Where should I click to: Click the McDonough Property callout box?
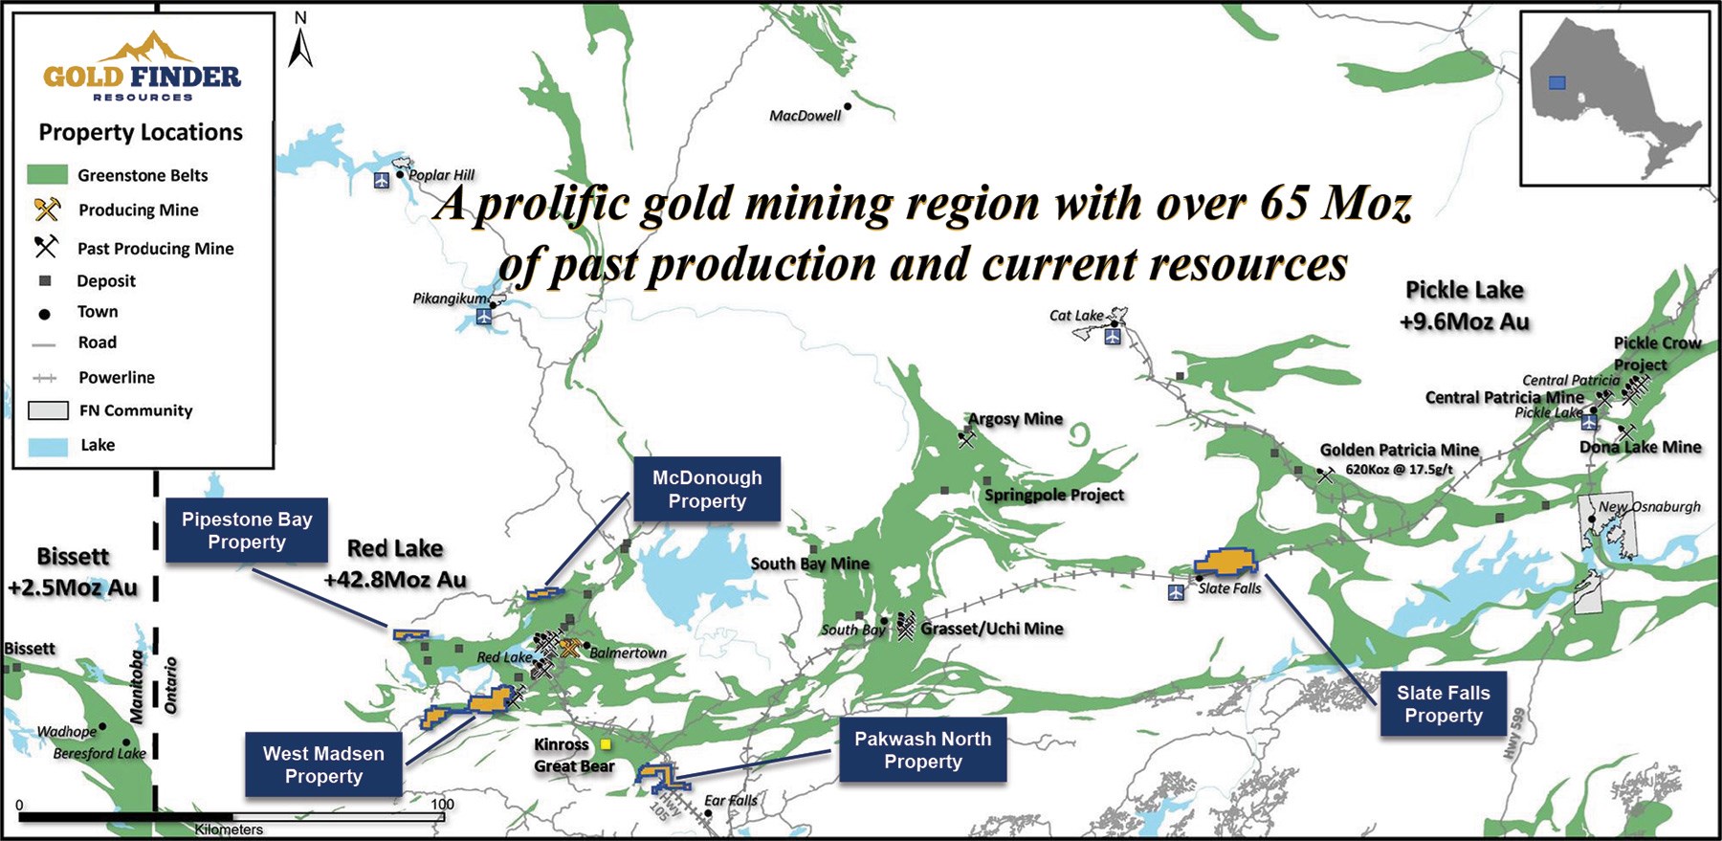(x=707, y=489)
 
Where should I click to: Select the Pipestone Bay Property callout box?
(x=247, y=530)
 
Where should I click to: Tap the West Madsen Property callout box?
(x=323, y=764)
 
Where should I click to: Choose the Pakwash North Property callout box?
(x=923, y=750)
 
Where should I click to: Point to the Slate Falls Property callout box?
(x=1444, y=704)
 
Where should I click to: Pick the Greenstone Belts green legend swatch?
(x=47, y=174)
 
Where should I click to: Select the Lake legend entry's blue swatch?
(x=48, y=446)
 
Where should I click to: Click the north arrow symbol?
(x=300, y=40)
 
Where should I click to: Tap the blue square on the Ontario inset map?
(x=1556, y=83)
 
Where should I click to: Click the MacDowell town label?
(x=805, y=116)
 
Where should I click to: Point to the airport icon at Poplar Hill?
(x=382, y=180)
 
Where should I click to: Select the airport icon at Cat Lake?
(x=1113, y=337)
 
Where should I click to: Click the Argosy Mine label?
(x=1015, y=419)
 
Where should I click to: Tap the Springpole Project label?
(x=1054, y=495)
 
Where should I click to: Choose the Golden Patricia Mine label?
(x=1400, y=450)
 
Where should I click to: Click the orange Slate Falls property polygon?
(x=1225, y=562)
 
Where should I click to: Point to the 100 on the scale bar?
(x=442, y=804)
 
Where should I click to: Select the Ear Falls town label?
(x=731, y=801)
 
